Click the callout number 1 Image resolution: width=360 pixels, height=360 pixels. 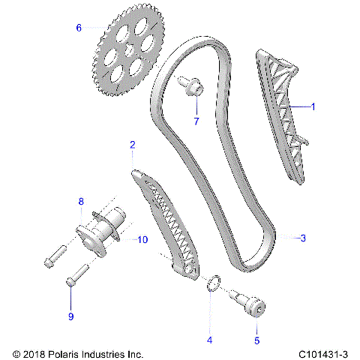pos(313,107)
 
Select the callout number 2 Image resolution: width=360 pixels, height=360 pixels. pos(133,145)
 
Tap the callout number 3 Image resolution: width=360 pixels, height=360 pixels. pos(302,238)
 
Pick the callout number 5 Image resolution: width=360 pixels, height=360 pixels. pos(256,340)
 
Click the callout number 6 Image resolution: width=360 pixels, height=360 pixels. pos(78,28)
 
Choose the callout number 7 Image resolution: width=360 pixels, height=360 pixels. pos(196,121)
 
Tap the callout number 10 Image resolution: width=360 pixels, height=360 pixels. pos(142,239)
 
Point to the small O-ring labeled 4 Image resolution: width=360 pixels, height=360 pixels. pos(214,284)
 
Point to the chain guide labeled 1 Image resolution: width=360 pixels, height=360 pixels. pos(283,112)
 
